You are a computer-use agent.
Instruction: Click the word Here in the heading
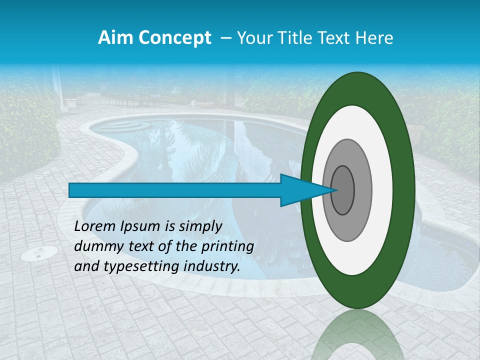pos(375,38)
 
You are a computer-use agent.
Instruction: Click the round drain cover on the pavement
pos(38,253)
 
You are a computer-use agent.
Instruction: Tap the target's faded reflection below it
pos(357,335)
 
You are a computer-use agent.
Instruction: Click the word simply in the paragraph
pos(197,226)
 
